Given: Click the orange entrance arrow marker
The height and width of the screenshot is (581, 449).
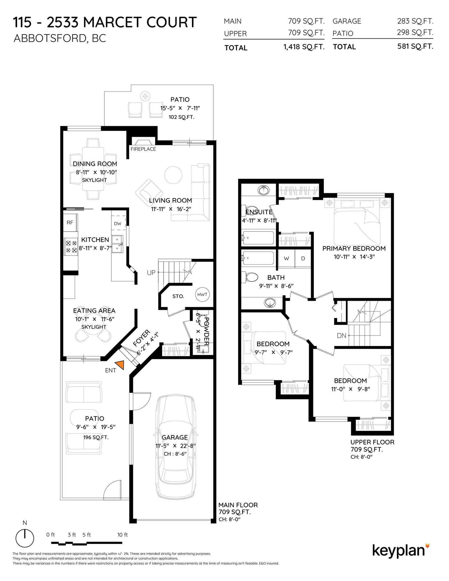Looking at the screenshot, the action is coord(119,365).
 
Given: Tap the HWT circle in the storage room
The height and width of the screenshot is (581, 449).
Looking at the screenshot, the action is coord(202,294).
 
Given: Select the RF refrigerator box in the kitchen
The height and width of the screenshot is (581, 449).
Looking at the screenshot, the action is coord(70,222).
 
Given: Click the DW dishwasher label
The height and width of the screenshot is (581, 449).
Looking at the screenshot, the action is coord(118,223).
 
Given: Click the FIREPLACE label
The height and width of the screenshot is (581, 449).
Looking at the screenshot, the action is coord(143,149).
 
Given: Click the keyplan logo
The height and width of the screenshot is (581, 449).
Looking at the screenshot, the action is coord(401,550).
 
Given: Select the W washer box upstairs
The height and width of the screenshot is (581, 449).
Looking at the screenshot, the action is coord(286,258).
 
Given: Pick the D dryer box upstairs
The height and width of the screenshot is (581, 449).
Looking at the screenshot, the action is coord(303,258).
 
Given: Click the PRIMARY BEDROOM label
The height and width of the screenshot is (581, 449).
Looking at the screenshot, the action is coord(354,248).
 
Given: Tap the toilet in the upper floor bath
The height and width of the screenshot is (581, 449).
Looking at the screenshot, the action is coord(252,277).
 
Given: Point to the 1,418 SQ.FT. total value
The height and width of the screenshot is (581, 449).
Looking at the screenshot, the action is coord(304,47).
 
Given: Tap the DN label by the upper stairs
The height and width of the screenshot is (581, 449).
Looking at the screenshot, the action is coord(342,336).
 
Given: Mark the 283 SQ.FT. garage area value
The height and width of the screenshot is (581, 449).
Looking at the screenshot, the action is coord(415,21).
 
